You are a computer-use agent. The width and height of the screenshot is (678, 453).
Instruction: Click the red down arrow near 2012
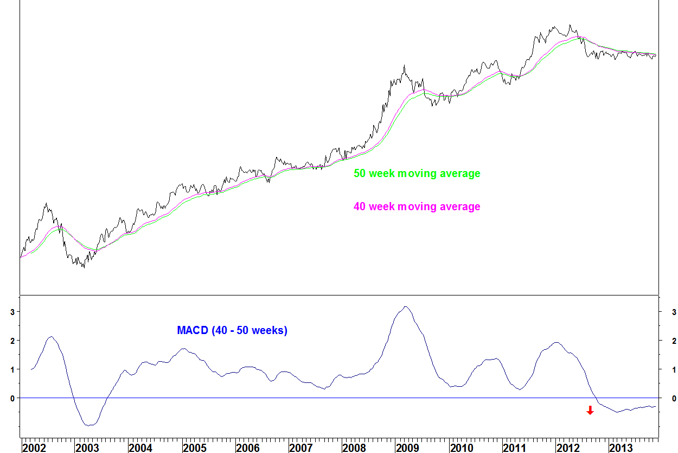pyautogui.click(x=590, y=410)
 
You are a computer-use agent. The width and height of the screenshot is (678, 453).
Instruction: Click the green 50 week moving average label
pyautogui.click(x=417, y=174)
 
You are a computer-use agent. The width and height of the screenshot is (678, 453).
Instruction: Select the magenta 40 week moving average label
pyautogui.click(x=417, y=206)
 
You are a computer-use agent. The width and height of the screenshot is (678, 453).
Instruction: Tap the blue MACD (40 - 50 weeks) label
pyautogui.click(x=232, y=330)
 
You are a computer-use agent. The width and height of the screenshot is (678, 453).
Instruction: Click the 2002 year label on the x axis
pyautogui.click(x=34, y=448)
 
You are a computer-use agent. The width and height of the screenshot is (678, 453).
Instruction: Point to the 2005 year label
pyautogui.click(x=194, y=448)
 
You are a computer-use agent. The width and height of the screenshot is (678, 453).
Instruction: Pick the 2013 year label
pyautogui.click(x=621, y=448)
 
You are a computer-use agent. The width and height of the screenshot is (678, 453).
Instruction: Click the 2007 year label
pyautogui.click(x=300, y=448)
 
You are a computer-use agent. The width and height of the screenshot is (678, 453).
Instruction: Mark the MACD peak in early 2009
pyautogui.click(x=405, y=306)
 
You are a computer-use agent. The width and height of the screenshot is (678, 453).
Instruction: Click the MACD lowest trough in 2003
pyautogui.click(x=89, y=425)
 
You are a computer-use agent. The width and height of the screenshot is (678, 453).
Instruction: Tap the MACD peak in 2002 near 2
pyautogui.click(x=50, y=337)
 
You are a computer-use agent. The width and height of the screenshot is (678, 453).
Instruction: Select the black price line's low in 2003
pyautogui.click(x=84, y=267)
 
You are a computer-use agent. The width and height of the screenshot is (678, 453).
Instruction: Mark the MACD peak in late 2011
pyautogui.click(x=556, y=342)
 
